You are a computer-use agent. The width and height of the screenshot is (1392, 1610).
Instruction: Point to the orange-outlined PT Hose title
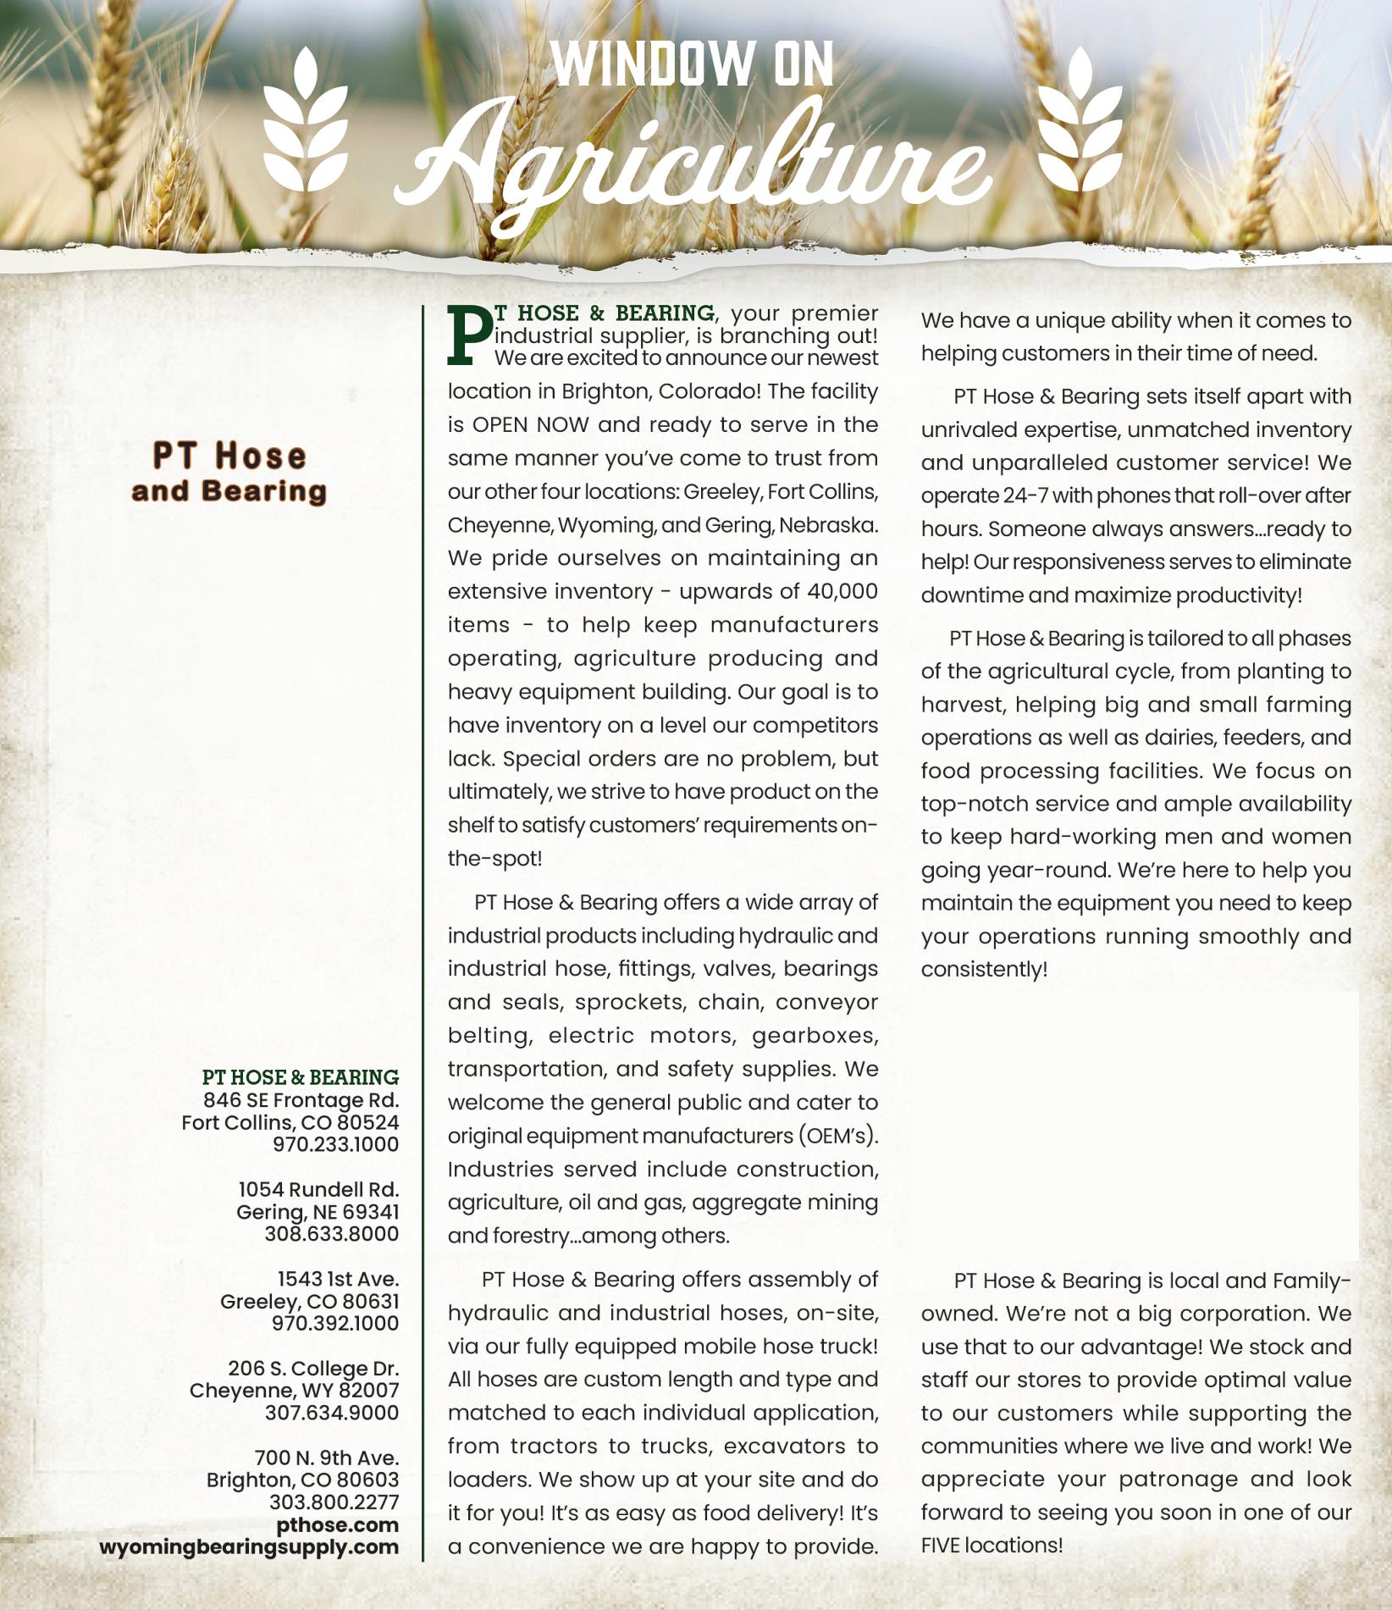[x=229, y=456]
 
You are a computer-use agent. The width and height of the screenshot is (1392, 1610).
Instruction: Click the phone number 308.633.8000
[x=331, y=1233]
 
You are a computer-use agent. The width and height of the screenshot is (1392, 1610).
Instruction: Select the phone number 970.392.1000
[x=335, y=1322]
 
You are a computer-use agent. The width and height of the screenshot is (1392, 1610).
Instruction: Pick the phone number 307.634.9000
[x=331, y=1412]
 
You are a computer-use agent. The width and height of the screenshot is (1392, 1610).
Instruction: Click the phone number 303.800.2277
[x=334, y=1502]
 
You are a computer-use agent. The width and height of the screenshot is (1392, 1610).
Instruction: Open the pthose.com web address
[x=337, y=1524]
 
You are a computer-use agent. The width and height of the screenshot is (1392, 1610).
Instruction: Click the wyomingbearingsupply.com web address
[x=249, y=1546]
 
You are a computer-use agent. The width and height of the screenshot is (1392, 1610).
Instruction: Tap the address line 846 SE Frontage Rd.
[x=301, y=1100]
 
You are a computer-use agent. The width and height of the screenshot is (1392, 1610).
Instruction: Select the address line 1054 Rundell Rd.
[x=318, y=1189]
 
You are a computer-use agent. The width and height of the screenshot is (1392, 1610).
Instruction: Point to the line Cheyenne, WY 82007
[x=294, y=1390]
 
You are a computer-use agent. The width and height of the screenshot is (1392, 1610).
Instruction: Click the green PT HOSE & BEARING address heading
[x=301, y=1077]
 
